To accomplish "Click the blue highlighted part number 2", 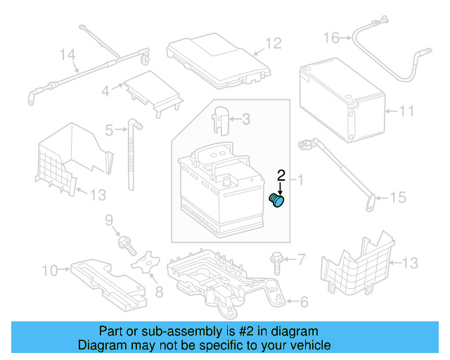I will pos(278,201).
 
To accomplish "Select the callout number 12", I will pos(273,44).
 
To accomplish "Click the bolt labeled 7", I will pos(276,265).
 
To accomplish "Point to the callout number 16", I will pos(331,37).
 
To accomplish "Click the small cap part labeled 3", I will pos(221,118).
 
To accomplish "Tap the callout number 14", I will pos(67,53).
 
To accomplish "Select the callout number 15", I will pos(397,198).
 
